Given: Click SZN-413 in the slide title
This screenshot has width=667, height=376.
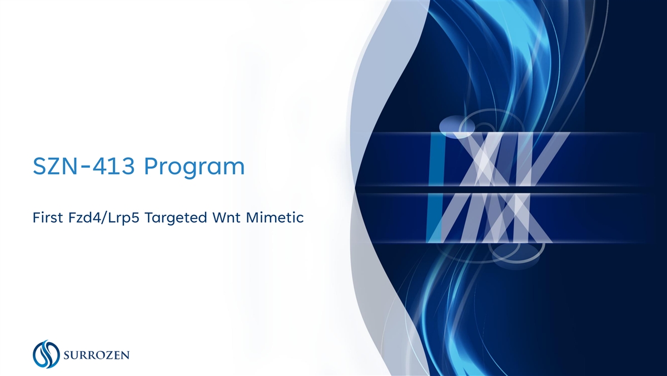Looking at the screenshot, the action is point(84,166).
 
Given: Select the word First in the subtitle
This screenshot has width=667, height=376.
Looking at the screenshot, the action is point(48,218).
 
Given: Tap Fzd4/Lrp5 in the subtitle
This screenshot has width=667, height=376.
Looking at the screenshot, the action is point(103,218).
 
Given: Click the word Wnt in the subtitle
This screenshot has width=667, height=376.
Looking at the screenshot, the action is point(227,218).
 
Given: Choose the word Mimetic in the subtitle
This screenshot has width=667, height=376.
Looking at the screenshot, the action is point(275,218).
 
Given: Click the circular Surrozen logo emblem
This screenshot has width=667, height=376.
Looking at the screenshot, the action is point(46,354).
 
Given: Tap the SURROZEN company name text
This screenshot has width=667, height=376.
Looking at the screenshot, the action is point(97,355).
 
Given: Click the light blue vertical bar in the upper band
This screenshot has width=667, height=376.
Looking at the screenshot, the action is point(436,159).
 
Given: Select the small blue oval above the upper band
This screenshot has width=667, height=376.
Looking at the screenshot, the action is point(457,127).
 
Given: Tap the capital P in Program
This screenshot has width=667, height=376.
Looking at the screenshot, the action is point(150,166).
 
